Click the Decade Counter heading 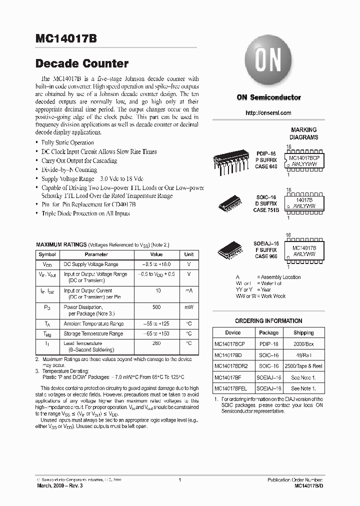tap(82, 63)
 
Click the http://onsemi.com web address tap(268, 113)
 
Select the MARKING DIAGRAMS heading tap(303, 133)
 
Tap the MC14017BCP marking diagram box tap(304, 160)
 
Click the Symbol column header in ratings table tap(47, 254)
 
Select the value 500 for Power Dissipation tap(156, 307)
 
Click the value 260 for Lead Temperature tap(156, 343)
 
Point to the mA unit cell tap(189, 290)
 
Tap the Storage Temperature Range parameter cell tap(93, 333)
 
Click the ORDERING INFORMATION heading tap(268, 321)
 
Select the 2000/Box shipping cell tap(303, 344)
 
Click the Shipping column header tap(303, 332)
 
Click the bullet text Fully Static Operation tap(67, 142)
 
